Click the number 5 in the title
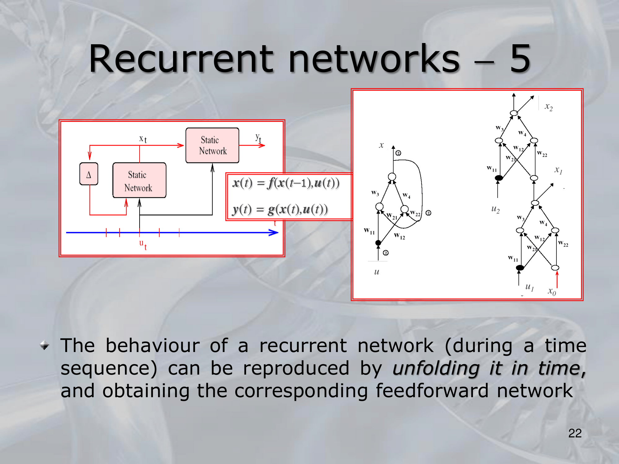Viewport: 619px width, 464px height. (520, 59)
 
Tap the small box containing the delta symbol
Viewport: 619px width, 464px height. (89, 174)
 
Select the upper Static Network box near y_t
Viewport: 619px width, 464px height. (212, 145)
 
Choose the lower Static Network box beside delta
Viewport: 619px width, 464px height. (139, 180)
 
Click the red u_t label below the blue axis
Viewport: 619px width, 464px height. (143, 244)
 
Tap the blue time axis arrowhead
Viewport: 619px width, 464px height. (274, 233)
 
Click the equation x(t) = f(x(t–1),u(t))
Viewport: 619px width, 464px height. (286, 183)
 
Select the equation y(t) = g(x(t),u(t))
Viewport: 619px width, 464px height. (280, 209)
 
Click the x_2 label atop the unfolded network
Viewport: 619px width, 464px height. (548, 107)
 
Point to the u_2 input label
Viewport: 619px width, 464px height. (496, 209)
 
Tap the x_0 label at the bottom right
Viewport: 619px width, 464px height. (552, 291)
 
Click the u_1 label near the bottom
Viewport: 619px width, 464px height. (530, 287)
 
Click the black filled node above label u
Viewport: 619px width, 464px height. (378, 243)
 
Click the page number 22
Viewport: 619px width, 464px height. (575, 433)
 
